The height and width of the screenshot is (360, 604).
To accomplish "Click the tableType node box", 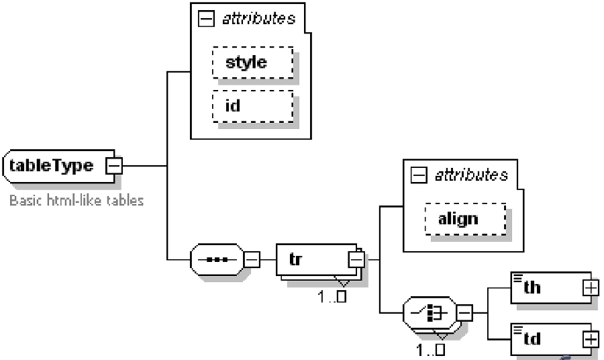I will (54, 165).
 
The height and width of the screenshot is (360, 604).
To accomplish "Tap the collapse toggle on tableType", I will (115, 165).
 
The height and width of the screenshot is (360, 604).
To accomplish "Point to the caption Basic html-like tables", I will (77, 200).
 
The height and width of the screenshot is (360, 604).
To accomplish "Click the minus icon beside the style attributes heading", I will (206, 19).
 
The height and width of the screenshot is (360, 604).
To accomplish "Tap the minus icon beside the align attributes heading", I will (419, 176).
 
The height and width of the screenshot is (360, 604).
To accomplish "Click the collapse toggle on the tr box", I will (356, 259).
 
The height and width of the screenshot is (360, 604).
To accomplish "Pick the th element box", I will (549, 287).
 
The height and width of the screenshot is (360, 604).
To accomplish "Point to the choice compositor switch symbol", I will (430, 313).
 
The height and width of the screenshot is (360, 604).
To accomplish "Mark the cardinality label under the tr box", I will (332, 296).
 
